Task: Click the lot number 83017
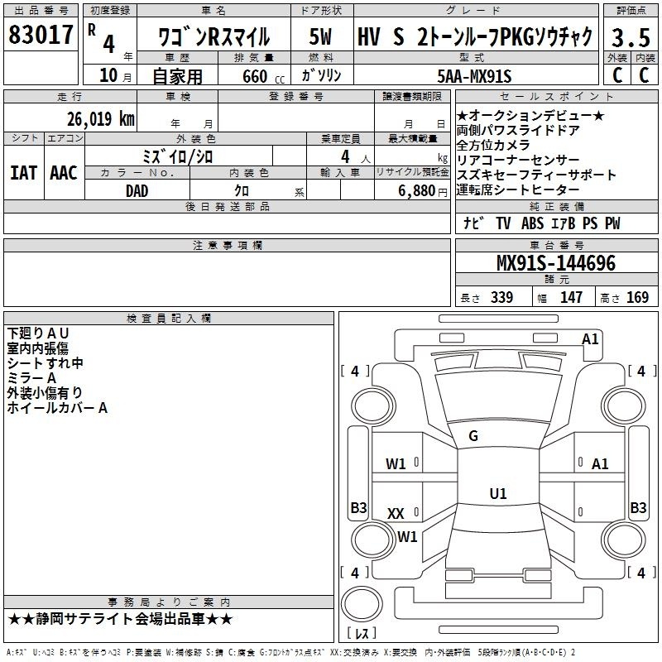(x=41, y=35)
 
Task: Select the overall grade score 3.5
(x=631, y=37)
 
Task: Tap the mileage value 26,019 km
(x=100, y=119)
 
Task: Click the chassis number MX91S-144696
(x=556, y=263)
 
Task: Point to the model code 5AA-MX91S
(x=474, y=76)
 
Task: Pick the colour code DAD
(x=137, y=191)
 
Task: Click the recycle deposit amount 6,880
(x=417, y=191)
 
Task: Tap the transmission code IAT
(x=23, y=173)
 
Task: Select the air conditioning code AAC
(x=64, y=173)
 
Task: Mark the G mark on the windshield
(x=473, y=436)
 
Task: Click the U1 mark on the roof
(x=498, y=493)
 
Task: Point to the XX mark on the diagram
(x=396, y=513)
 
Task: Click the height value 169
(x=637, y=297)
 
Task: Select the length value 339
(x=501, y=297)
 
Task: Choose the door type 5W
(x=320, y=36)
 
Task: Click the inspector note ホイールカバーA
(x=57, y=408)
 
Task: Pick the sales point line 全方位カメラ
(x=493, y=146)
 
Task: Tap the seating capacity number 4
(x=345, y=156)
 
